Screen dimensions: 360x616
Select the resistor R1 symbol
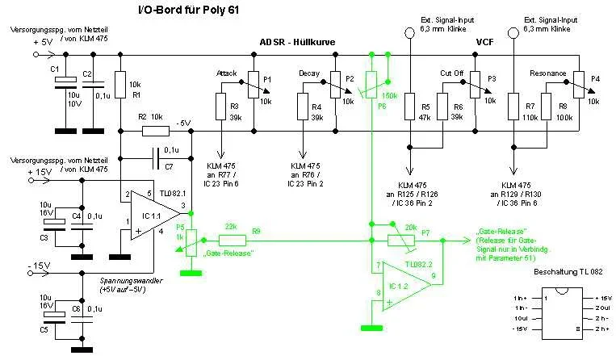[120, 85]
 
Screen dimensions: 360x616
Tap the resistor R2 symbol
[155, 130]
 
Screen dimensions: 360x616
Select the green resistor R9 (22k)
[233, 239]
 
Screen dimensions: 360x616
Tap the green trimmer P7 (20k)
[396, 239]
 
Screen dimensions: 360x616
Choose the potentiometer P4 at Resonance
[578, 82]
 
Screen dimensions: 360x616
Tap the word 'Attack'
[227, 73]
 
